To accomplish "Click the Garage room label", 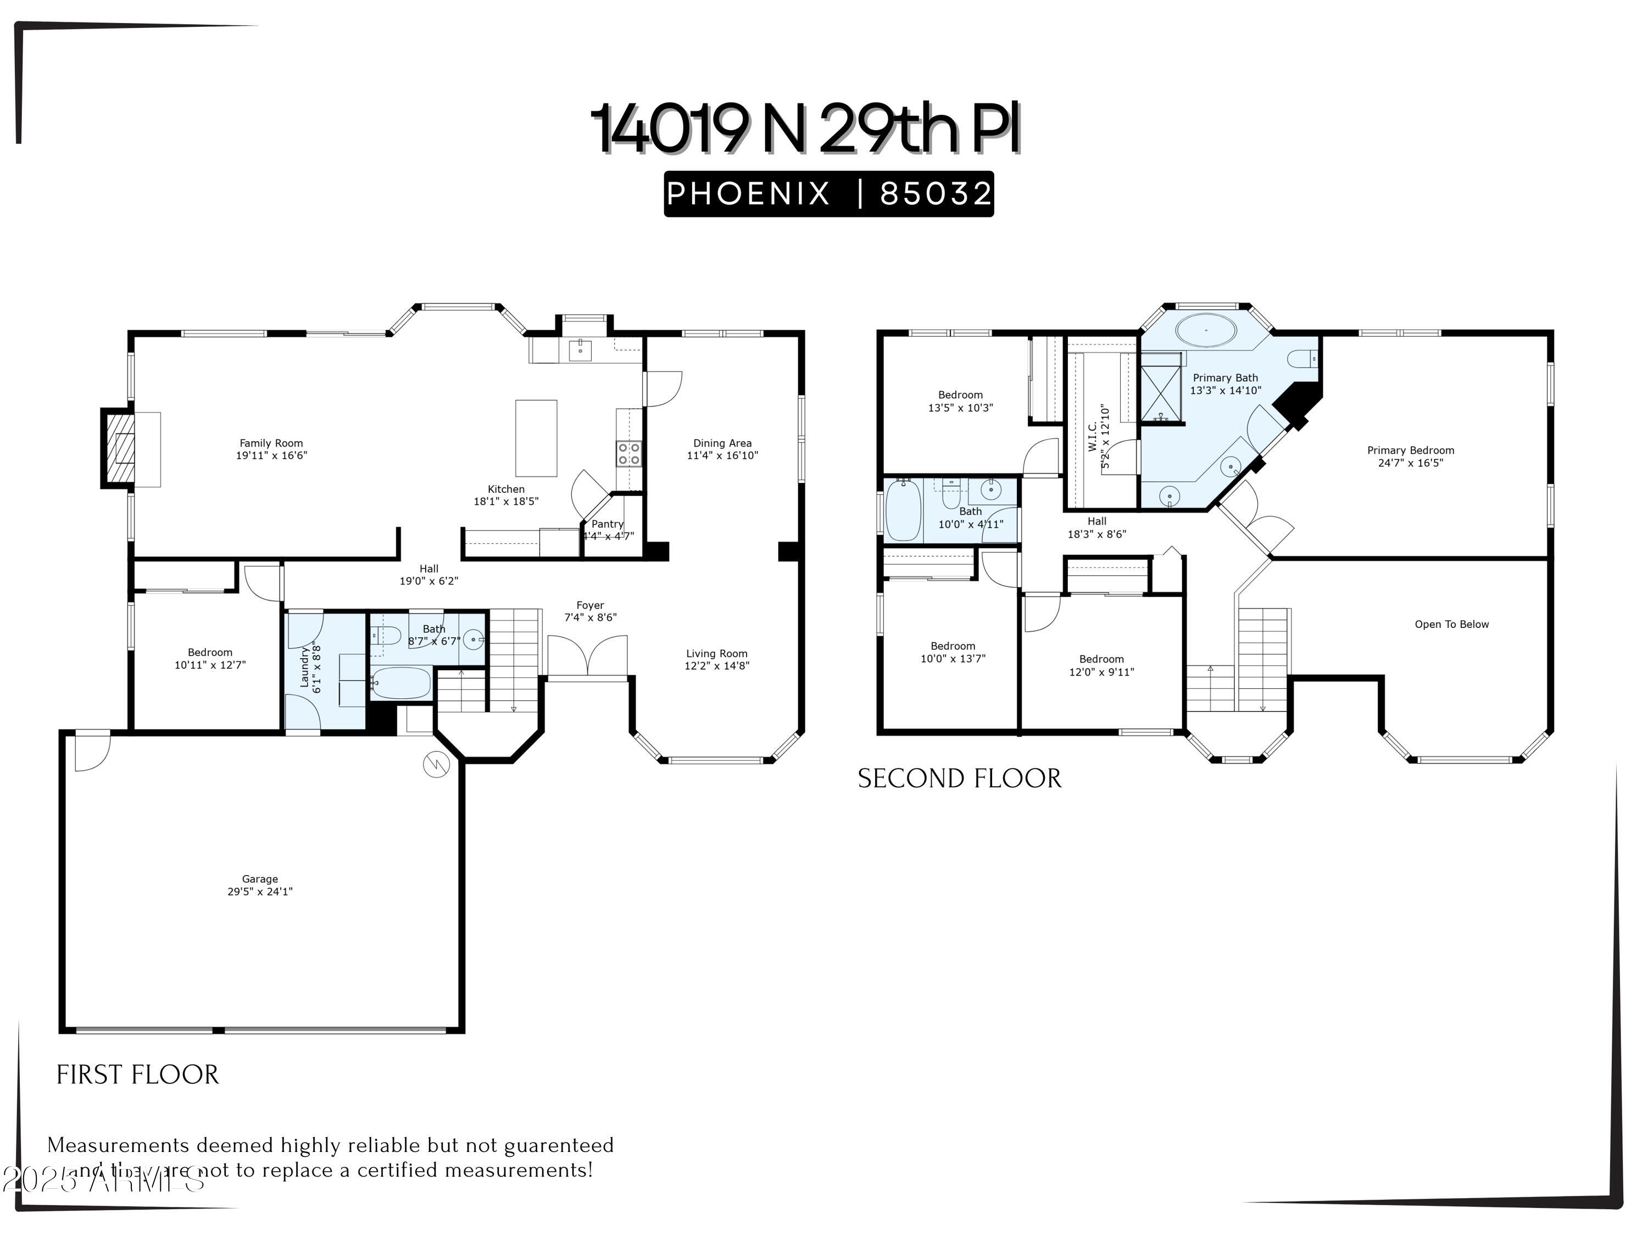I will [x=259, y=879].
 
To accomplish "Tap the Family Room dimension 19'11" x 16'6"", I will [x=271, y=455].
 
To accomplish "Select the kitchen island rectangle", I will [x=536, y=438].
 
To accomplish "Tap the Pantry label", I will [x=607, y=524].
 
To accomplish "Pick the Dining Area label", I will [x=722, y=443].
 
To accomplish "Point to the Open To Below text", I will [x=1451, y=625].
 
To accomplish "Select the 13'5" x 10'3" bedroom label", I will [x=960, y=408].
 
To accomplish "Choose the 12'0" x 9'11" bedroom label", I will [x=1101, y=672].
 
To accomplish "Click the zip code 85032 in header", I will [x=935, y=194].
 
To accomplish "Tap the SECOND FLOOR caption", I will [x=959, y=778].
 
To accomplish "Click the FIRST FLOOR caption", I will [x=138, y=1074].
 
